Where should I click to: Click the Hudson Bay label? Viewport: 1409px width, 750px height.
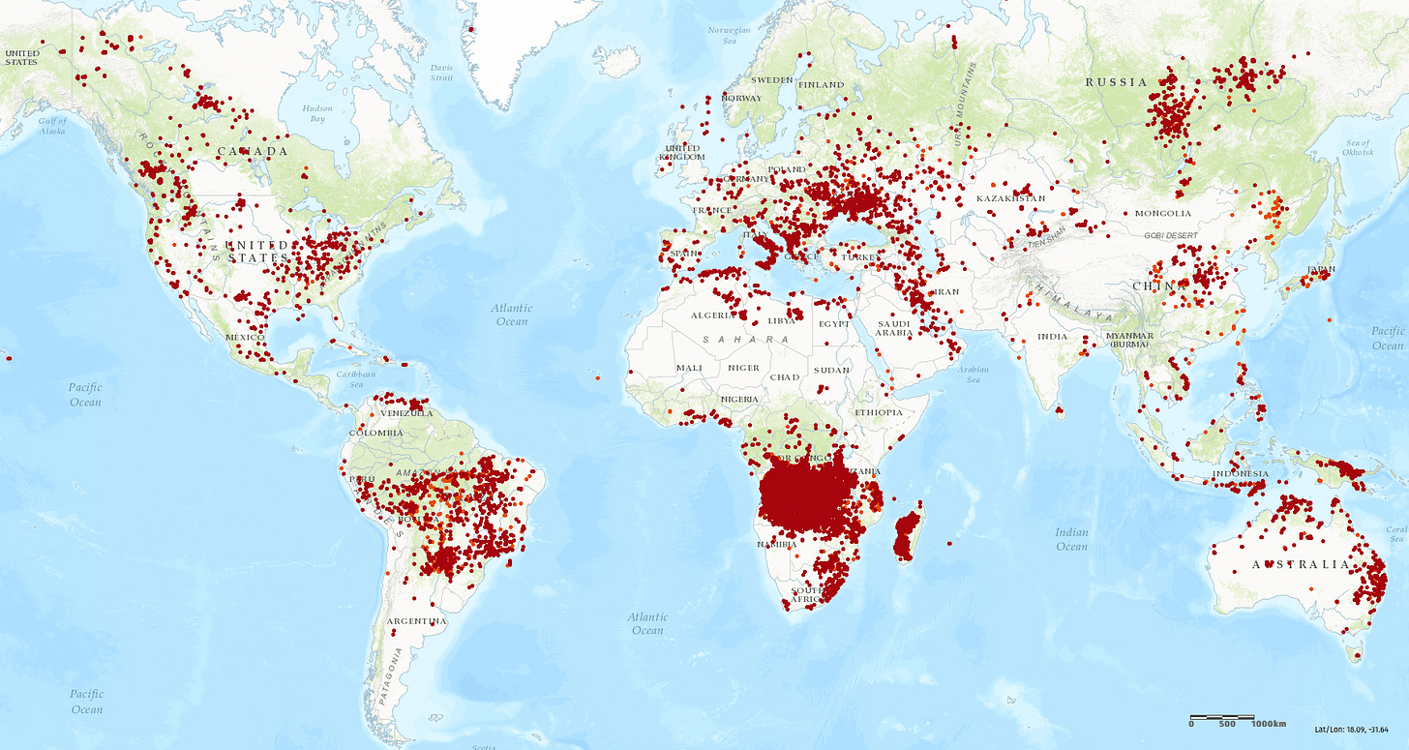317,113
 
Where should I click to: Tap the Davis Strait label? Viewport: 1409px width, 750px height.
441,72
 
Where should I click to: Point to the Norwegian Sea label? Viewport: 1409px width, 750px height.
729,35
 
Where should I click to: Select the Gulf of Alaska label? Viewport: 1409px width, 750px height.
53,125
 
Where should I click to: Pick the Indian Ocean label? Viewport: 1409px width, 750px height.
1071,539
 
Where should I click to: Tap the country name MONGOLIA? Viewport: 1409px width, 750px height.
1163,213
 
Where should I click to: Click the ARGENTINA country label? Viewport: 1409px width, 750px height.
416,620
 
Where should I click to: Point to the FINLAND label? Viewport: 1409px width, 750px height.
820,84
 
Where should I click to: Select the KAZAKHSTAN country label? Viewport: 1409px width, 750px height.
1010,198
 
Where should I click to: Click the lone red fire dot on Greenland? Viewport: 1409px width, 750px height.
470,29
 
